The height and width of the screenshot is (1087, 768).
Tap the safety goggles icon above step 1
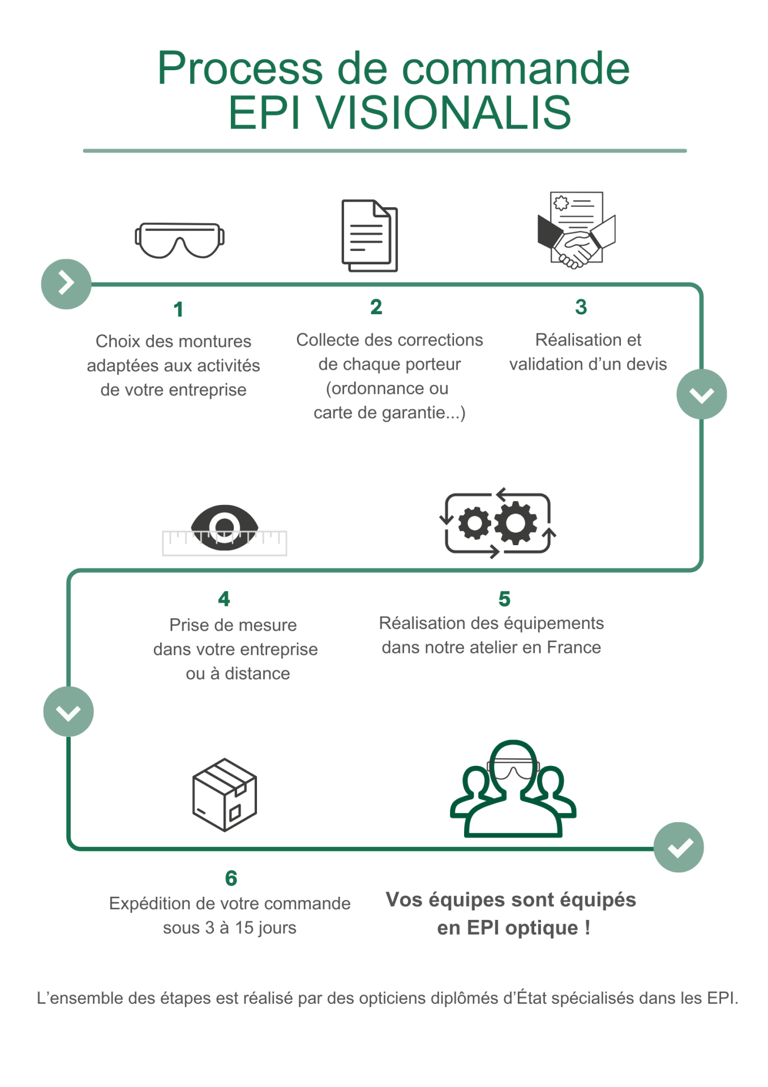179,240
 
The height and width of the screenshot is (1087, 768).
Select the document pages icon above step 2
370,236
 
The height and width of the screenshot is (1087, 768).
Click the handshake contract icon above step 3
576,230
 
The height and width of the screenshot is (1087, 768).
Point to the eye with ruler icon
225,530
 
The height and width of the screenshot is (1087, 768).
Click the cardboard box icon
225,795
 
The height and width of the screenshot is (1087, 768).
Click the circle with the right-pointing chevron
66,284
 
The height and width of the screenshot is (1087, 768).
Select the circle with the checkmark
679,847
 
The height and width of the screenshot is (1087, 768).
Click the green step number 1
178,310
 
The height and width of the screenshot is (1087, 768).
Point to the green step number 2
376,307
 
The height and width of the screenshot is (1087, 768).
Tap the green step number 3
581,307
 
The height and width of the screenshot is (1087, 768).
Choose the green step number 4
224,599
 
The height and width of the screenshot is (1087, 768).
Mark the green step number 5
504,599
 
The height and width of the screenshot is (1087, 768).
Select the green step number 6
231,878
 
